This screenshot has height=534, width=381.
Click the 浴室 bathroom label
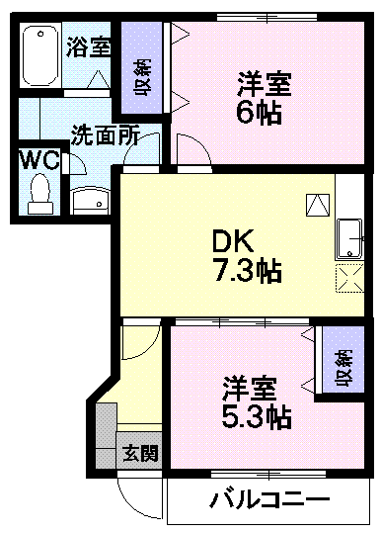point(88,45)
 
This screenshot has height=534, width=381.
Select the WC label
point(39,160)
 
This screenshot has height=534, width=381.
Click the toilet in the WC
point(40,192)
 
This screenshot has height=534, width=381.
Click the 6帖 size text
point(260,111)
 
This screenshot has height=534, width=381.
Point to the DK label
point(235,240)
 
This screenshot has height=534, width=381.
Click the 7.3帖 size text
point(248,271)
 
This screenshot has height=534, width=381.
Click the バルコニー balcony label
point(268,500)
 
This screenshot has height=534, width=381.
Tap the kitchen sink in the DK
point(350,237)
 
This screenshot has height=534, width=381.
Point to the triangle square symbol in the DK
point(318,204)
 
